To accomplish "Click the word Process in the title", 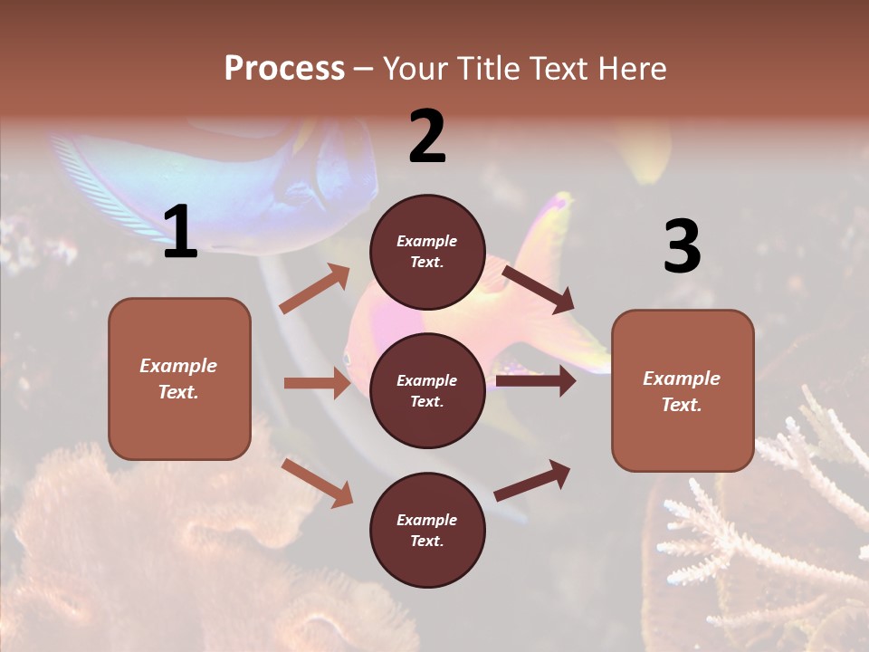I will click(x=284, y=69).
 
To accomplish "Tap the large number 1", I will click(x=180, y=233).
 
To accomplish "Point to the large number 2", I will click(x=427, y=137).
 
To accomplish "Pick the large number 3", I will click(x=682, y=246).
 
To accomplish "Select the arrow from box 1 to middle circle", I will click(x=317, y=383).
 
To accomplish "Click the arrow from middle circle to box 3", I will click(x=536, y=381).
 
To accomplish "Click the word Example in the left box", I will click(x=178, y=366).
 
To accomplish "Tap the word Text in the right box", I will click(x=681, y=405).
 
